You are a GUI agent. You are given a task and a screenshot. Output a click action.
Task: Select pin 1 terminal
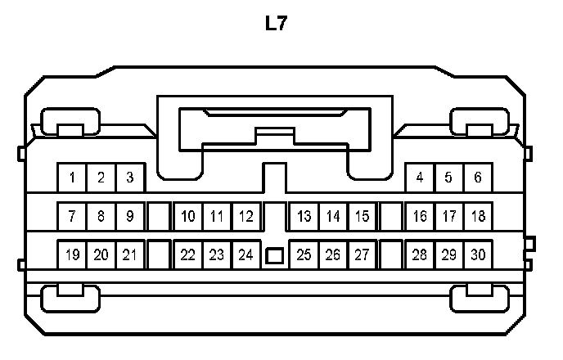(72, 177)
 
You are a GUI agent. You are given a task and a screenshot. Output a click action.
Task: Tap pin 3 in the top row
(129, 177)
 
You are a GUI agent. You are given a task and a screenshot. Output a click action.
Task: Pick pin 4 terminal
(420, 177)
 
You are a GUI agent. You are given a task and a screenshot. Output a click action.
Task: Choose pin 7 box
(72, 217)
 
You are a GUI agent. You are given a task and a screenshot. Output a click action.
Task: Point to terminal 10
(188, 217)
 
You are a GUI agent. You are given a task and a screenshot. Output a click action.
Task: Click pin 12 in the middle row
(245, 217)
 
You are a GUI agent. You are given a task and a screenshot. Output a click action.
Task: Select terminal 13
(304, 217)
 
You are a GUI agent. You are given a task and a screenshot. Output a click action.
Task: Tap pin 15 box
(362, 217)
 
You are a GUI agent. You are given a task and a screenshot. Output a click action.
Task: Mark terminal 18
(478, 217)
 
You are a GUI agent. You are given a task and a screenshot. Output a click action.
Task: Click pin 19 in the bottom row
(72, 254)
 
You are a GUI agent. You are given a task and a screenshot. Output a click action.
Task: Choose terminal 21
(129, 254)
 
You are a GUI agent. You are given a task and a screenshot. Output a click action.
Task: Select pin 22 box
(188, 254)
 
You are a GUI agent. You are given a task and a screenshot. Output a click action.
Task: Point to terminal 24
(245, 254)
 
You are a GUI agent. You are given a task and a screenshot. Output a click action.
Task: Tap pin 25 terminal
(304, 254)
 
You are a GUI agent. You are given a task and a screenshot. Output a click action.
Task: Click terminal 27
(362, 254)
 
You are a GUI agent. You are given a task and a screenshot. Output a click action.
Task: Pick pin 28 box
(420, 254)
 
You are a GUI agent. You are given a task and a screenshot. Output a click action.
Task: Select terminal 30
(478, 254)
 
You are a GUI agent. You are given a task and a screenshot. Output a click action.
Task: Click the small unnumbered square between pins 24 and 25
(275, 256)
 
